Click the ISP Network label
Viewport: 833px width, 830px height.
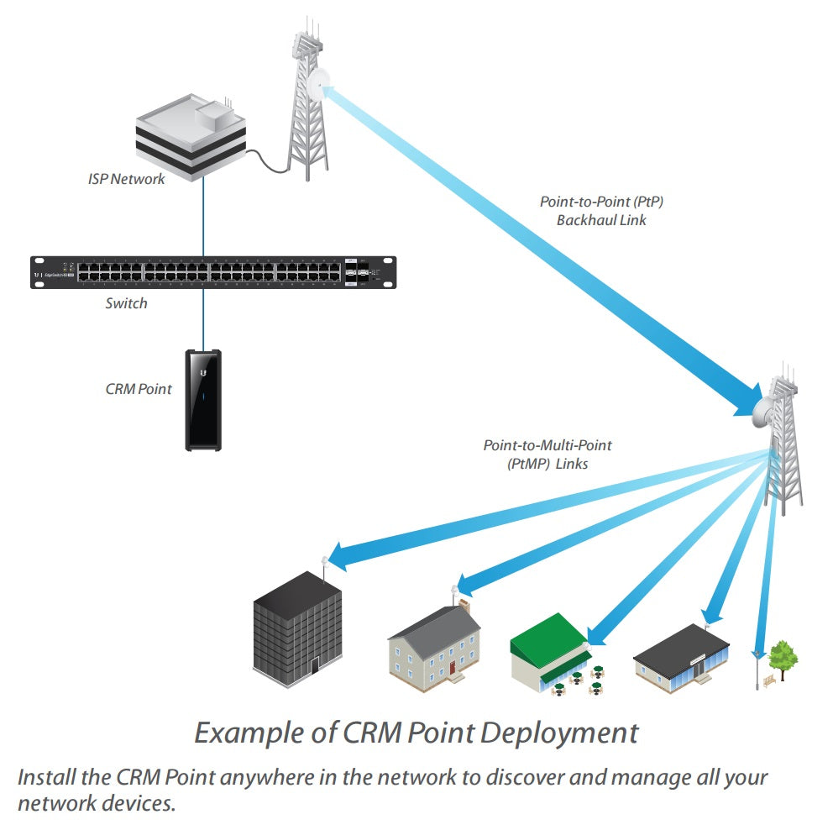(126, 179)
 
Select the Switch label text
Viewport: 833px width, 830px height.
(126, 303)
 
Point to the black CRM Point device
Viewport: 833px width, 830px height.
(203, 400)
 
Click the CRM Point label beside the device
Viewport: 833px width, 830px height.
(139, 389)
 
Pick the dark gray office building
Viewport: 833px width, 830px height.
(297, 625)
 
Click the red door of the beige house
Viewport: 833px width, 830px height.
(451, 669)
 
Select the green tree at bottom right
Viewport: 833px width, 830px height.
(783, 656)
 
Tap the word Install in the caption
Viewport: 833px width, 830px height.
(42, 776)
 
